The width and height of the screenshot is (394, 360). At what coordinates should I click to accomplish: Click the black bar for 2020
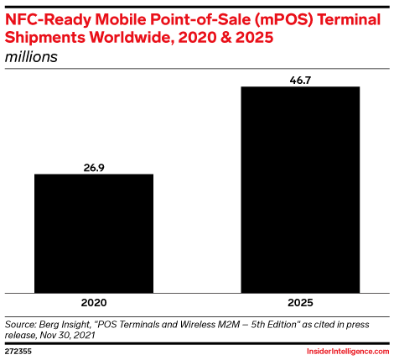94,233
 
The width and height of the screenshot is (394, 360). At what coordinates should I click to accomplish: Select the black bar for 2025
300,190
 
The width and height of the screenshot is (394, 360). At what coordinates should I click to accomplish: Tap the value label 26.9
94,168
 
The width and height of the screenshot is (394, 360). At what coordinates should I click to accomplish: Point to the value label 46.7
300,81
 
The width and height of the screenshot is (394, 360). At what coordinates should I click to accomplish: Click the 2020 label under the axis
94,303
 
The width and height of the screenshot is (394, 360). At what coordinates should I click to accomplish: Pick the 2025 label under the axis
300,303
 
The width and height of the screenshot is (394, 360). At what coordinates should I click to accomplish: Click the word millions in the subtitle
31,57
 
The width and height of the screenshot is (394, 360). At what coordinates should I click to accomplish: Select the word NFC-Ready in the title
48,19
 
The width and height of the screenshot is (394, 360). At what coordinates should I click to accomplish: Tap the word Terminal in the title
349,19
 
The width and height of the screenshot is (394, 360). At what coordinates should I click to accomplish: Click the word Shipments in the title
45,37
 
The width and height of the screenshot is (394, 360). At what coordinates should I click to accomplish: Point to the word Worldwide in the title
131,37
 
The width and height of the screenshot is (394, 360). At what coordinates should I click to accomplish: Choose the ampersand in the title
226,38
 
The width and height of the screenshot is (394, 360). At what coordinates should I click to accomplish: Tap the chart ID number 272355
18,352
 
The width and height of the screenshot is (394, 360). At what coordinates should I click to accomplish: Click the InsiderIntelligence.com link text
348,352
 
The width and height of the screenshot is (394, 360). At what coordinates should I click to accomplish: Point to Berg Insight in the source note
65,326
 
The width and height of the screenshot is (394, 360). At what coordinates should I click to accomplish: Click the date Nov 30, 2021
68,336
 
